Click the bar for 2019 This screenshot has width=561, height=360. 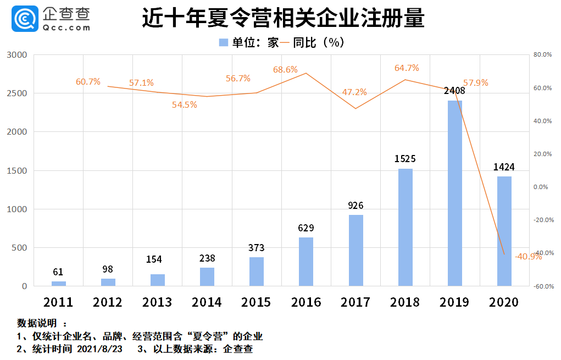pyautogui.click(x=455, y=193)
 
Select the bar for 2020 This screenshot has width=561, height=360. pyautogui.click(x=504, y=231)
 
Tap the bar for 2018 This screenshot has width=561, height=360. pyautogui.click(x=406, y=227)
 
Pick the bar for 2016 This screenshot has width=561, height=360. pyautogui.click(x=306, y=262)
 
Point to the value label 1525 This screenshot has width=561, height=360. pyautogui.click(x=406, y=159)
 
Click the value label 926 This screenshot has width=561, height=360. pyautogui.click(x=356, y=206)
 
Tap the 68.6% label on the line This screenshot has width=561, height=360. pyautogui.click(x=286, y=70)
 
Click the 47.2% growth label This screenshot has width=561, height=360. pyautogui.click(x=354, y=92)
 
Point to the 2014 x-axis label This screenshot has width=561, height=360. pyautogui.click(x=207, y=302)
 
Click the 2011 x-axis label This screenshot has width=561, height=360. pyautogui.click(x=58, y=302)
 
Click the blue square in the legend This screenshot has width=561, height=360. pyautogui.click(x=223, y=42)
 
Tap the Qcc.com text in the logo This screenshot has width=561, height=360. pyautogui.click(x=66, y=26)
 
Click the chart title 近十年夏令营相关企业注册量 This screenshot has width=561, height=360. pyautogui.click(x=283, y=18)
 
